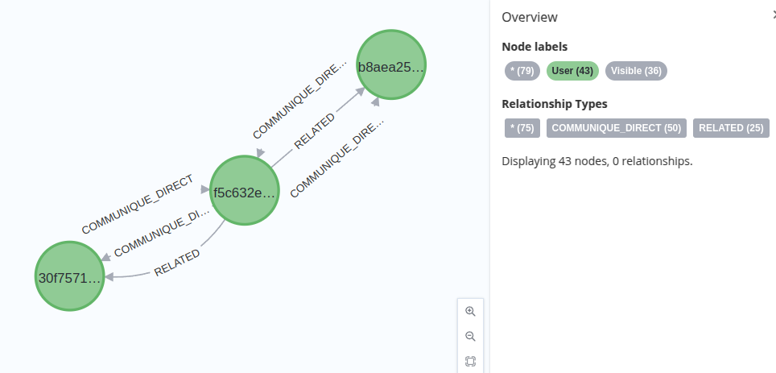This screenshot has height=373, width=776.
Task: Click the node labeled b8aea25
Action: point(391,65)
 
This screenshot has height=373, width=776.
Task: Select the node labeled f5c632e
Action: point(245,190)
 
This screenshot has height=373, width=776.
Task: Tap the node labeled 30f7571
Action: point(70,276)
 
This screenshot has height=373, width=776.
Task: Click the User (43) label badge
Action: point(572,71)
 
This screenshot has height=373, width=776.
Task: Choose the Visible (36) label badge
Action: point(636,71)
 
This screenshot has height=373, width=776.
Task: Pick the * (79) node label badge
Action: point(522,71)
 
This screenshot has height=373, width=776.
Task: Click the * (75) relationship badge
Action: point(522,128)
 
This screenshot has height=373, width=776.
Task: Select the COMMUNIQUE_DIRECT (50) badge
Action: point(616,128)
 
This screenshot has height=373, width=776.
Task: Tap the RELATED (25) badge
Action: point(731,128)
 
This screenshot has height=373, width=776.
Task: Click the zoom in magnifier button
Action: point(471,312)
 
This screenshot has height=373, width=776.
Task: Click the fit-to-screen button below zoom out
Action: point(471,361)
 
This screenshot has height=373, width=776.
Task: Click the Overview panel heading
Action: point(530,17)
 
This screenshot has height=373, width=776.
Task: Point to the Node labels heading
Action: point(535,47)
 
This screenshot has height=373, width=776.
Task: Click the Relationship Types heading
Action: point(555,104)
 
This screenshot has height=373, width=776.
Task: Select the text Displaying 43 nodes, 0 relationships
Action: point(596,161)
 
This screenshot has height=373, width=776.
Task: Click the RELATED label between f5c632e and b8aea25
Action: point(315,131)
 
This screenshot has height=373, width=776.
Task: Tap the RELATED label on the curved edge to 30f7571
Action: point(177,263)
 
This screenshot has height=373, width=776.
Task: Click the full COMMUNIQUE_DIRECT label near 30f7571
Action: point(138,204)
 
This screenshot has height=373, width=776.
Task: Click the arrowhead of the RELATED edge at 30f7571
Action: point(109,277)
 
